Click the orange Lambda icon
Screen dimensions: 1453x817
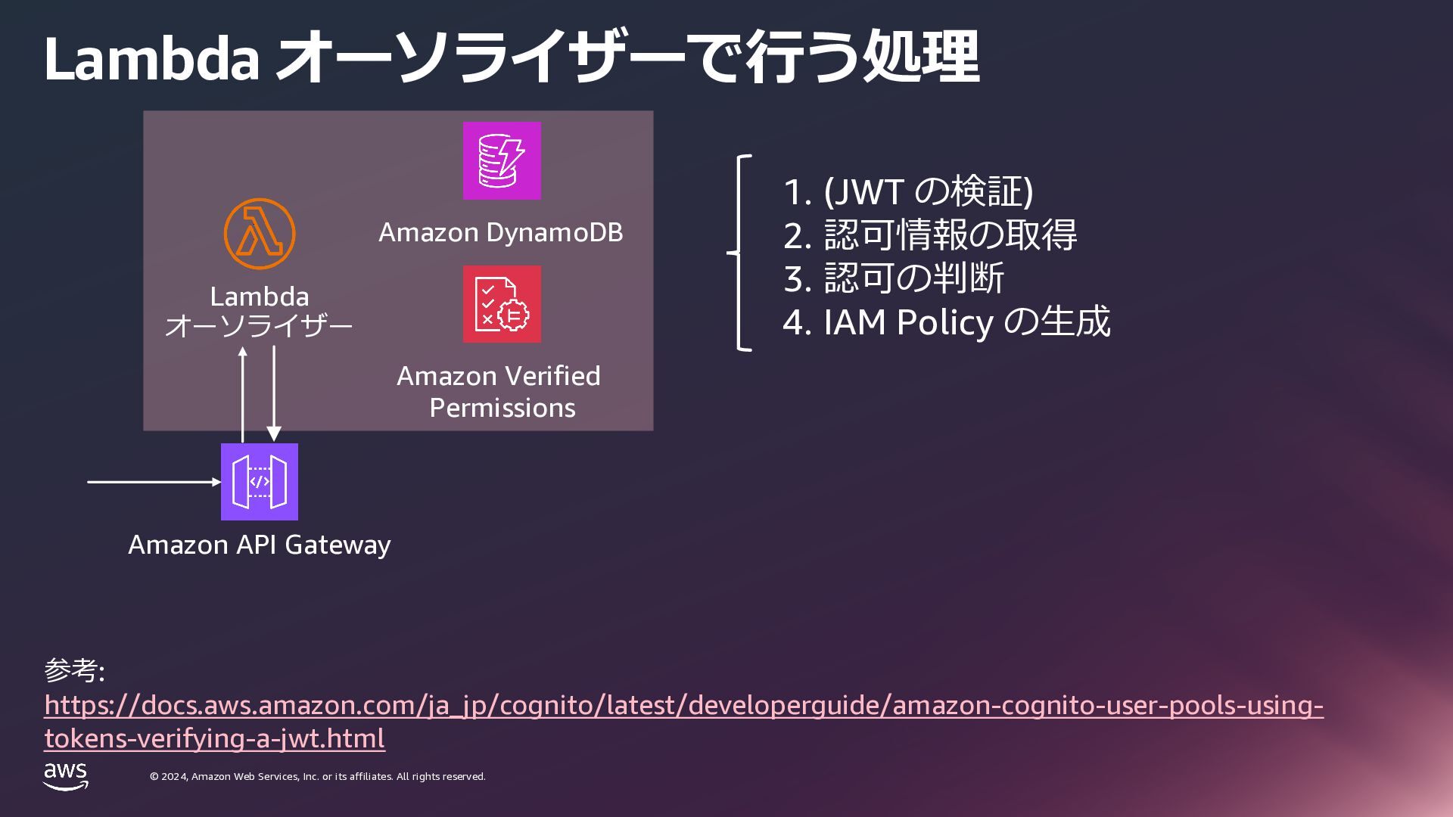259,235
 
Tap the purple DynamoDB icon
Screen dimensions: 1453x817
502,160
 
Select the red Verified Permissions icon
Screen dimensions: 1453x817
502,304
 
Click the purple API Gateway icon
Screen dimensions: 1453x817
259,482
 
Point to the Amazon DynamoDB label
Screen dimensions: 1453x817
500,232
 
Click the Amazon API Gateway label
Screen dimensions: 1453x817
259,545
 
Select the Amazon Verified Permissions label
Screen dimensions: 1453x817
499,392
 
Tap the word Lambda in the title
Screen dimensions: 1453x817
152,59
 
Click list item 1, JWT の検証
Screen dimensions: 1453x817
907,191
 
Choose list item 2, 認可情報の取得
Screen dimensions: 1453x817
929,235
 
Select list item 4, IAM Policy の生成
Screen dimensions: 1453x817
946,322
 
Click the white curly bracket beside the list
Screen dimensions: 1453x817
740,253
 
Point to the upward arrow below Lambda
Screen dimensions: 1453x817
243,393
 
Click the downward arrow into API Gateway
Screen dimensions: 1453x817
273,393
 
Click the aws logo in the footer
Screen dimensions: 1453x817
66,776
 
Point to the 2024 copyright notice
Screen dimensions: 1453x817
318,777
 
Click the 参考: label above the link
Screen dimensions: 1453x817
74,670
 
